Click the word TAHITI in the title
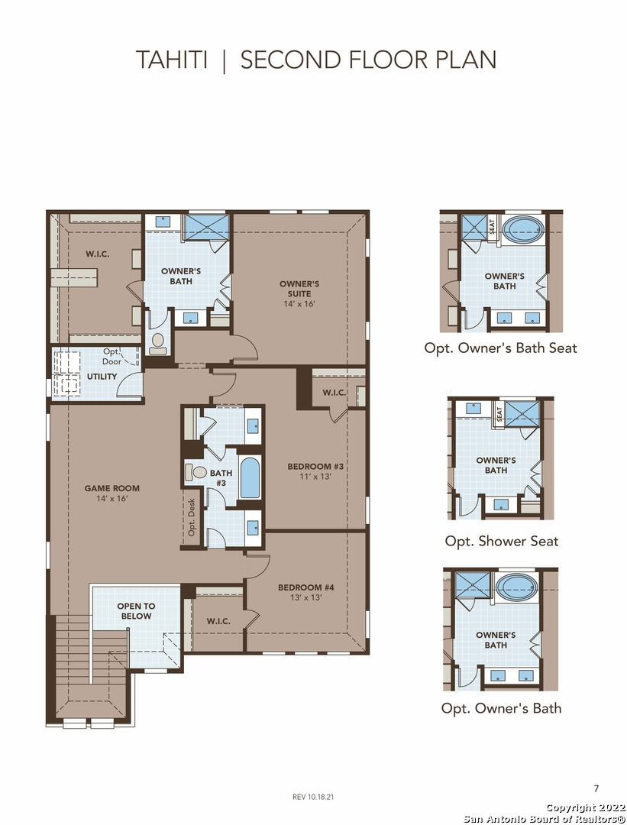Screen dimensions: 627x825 172,60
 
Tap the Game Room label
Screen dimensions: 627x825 112,493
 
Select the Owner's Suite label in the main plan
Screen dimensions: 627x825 299,293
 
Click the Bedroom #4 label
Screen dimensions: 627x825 306,592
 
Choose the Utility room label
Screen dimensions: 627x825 102,377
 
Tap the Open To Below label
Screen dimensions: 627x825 136,611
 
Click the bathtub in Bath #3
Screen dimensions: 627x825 250,477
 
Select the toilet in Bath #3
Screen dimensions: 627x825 196,472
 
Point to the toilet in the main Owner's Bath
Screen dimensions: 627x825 157,343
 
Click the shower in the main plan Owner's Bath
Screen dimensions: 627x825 205,227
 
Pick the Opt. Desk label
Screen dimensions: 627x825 192,516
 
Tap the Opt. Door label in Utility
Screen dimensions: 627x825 112,356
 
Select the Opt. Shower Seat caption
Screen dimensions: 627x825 502,541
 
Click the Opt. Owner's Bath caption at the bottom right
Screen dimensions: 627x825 501,708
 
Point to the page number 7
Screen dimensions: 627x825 596,788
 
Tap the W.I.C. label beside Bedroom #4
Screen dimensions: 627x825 218,621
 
